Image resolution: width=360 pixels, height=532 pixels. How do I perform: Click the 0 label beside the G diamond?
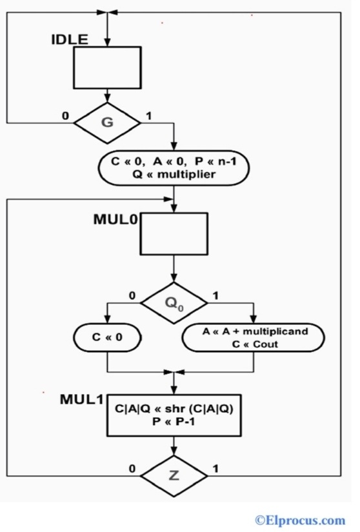tap(65, 116)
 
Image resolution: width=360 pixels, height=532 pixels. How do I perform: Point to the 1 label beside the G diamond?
tap(149, 116)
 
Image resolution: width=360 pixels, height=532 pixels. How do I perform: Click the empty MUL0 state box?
tap(174, 234)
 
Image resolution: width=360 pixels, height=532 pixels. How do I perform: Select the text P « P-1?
tap(173, 421)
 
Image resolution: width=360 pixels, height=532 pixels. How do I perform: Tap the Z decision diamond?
tap(174, 475)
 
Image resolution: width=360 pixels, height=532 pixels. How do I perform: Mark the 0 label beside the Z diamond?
tap(132, 469)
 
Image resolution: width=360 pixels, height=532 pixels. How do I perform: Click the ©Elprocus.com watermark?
tap(299, 519)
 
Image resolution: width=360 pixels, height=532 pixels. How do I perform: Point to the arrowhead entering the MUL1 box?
tap(174, 391)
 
